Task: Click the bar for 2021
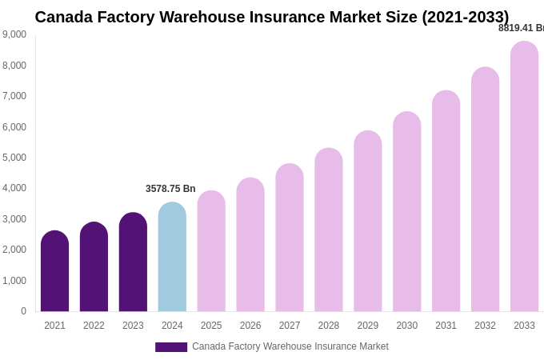pyautogui.click(x=54, y=271)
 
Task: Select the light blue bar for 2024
pyautogui.click(x=172, y=257)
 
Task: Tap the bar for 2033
pyautogui.click(x=524, y=176)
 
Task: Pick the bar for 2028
pyautogui.click(x=328, y=230)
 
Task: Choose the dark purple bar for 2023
pyautogui.click(x=133, y=262)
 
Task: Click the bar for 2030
pyautogui.click(x=406, y=211)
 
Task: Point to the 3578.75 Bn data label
pyautogui.click(x=170, y=189)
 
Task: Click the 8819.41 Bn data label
pyautogui.click(x=521, y=28)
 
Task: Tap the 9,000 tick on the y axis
pyautogui.click(x=14, y=34)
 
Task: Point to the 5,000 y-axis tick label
pyautogui.click(x=14, y=158)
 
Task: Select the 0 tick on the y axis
pyautogui.click(x=23, y=311)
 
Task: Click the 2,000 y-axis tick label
pyautogui.click(x=14, y=250)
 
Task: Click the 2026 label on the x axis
pyautogui.click(x=250, y=326)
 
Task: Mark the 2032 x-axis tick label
pyautogui.click(x=485, y=326)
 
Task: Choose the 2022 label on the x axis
pyautogui.click(x=94, y=326)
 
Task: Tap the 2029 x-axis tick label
pyautogui.click(x=367, y=326)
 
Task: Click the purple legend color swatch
pyautogui.click(x=171, y=347)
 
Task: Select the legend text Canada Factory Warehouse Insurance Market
pyautogui.click(x=290, y=346)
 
